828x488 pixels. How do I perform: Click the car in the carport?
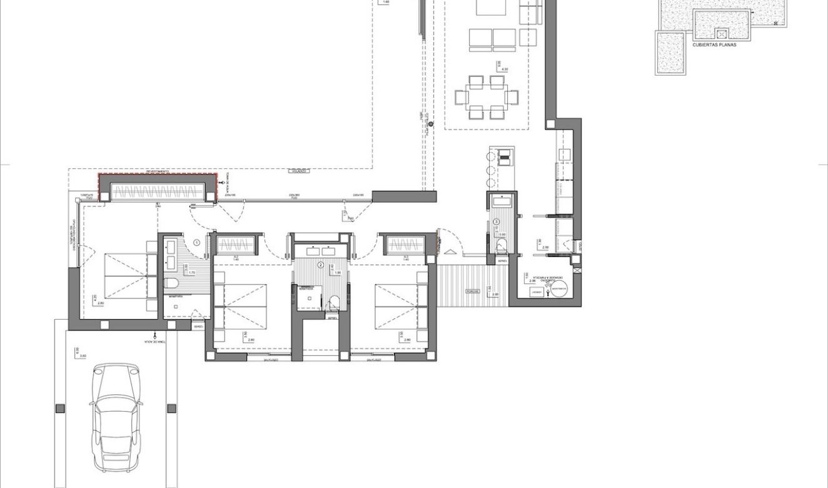pyautogui.click(x=116, y=418)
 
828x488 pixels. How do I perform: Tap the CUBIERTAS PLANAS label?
pyautogui.click(x=714, y=45)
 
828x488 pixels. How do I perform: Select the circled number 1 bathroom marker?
pyautogui.click(x=196, y=242)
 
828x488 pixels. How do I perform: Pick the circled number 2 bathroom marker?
pyautogui.click(x=321, y=265)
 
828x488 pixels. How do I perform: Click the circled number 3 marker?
pyautogui.click(x=497, y=221)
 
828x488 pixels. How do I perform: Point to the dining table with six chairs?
pyautogui.click(x=487, y=97)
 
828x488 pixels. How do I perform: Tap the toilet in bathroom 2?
pyautogui.click(x=334, y=301)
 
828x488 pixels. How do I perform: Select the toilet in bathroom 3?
pyautogui.click(x=502, y=245)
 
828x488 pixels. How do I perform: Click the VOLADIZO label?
pyautogui.click(x=298, y=170)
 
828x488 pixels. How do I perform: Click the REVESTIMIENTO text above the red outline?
pyautogui.click(x=158, y=171)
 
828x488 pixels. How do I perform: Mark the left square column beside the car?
pyautogui.click(x=60, y=409)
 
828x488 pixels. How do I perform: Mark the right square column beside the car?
pyautogui.click(x=171, y=409)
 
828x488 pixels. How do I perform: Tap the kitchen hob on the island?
pyautogui.click(x=503, y=156)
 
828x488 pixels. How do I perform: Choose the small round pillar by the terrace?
pyautogui.click(x=430, y=124)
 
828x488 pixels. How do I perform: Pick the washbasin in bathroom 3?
pyautogui.click(x=502, y=201)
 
